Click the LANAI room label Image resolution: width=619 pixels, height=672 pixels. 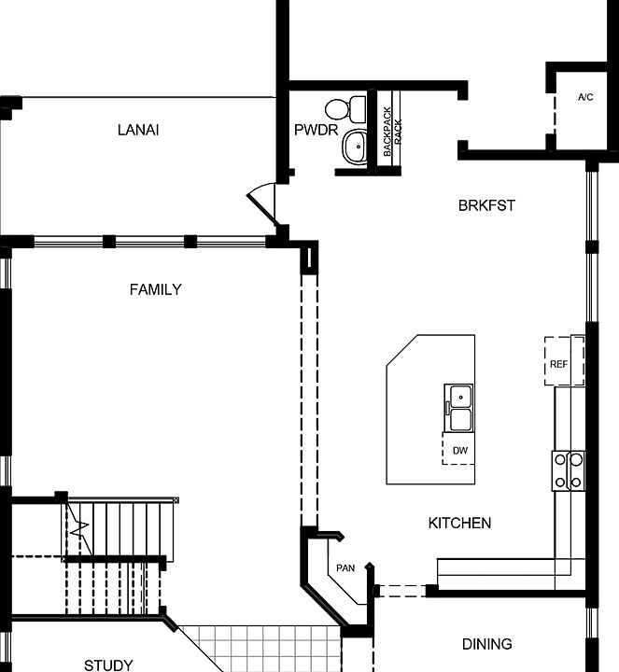[138, 130]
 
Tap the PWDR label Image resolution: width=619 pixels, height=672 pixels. [316, 130]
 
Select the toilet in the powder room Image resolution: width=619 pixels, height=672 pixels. [354, 108]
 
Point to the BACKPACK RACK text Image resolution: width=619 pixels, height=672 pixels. [392, 131]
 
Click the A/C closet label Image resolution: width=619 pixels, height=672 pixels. [585, 97]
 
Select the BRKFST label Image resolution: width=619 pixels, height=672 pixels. [486, 205]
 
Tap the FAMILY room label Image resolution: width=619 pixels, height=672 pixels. [155, 289]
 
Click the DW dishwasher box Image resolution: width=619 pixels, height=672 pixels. [458, 449]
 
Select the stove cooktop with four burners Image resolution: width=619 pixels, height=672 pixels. [568, 469]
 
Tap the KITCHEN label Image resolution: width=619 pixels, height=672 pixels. [459, 523]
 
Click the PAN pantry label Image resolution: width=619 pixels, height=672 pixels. [345, 567]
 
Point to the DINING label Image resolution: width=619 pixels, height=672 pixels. [486, 644]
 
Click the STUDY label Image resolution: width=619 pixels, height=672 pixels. [108, 665]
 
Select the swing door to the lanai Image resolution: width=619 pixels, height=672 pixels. [263, 202]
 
